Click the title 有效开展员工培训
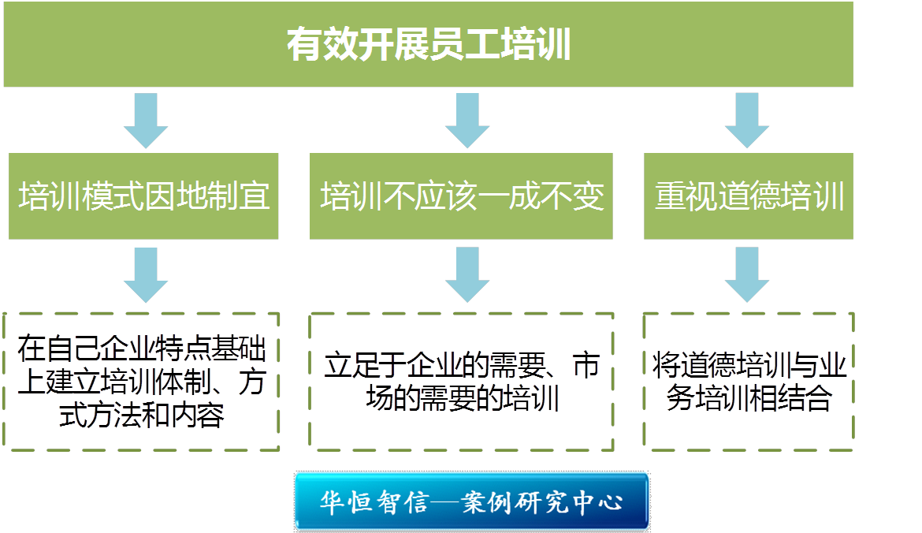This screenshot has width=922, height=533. pyautogui.click(x=428, y=45)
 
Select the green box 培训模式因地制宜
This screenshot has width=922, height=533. pyautogui.click(x=143, y=196)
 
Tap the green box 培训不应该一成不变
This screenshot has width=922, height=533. pyautogui.click(x=461, y=196)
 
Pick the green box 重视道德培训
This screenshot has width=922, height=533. pyautogui.click(x=749, y=196)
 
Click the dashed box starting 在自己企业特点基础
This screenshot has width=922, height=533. pyautogui.click(x=142, y=382)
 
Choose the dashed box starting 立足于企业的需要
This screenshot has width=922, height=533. pyautogui.click(x=462, y=382)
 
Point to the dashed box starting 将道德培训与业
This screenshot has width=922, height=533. pyautogui.click(x=749, y=382)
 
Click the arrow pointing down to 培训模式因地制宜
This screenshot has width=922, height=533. pyautogui.click(x=146, y=120)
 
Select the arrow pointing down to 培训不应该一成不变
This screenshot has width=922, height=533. pyautogui.click(x=467, y=120)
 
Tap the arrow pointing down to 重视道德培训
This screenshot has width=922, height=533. pyautogui.click(x=747, y=120)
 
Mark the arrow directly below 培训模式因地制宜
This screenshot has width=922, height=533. pyautogui.click(x=146, y=274)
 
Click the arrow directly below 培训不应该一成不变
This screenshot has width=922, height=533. pyautogui.click(x=467, y=274)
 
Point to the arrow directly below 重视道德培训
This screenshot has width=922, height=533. pyautogui.click(x=747, y=274)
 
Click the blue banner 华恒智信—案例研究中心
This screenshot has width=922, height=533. pyautogui.click(x=471, y=501)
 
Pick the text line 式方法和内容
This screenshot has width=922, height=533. pyautogui.click(x=142, y=415)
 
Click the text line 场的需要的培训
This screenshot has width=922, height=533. pyautogui.click(x=462, y=399)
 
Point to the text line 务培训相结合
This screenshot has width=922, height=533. pyautogui.click(x=749, y=399)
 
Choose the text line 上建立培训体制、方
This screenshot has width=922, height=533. pyautogui.click(x=142, y=382)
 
